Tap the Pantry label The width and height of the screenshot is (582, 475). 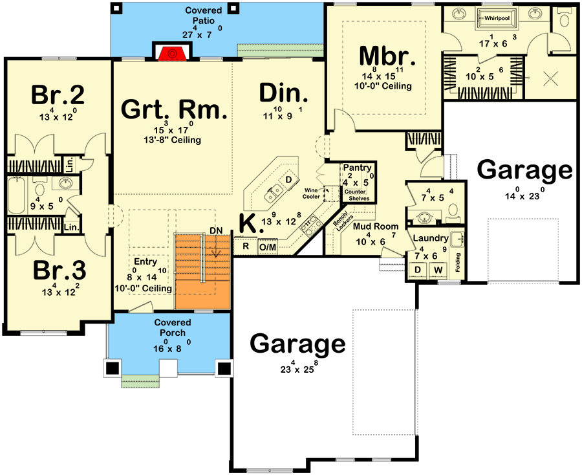(x=358, y=168)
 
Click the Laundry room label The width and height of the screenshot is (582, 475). (x=431, y=238)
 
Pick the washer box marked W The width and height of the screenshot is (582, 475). (x=438, y=269)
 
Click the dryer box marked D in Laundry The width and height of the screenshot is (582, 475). (x=417, y=269)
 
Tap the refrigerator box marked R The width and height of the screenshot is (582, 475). (x=245, y=246)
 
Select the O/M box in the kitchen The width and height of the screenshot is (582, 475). (x=267, y=247)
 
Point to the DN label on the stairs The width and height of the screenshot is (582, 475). (x=215, y=231)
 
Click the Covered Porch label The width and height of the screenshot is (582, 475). (x=173, y=327)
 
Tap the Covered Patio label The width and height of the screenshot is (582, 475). (x=204, y=16)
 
